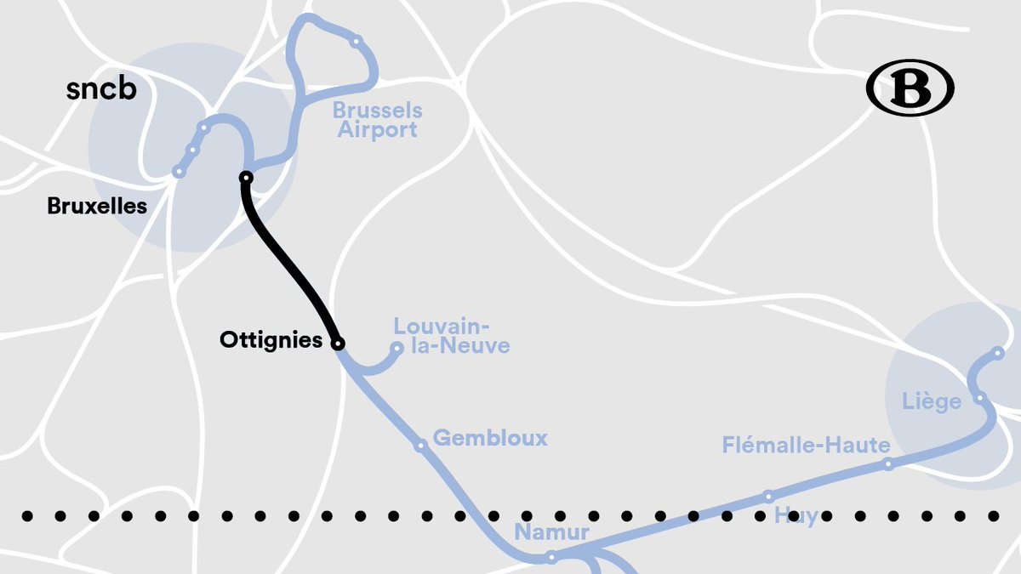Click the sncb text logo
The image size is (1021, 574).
pyautogui.click(x=101, y=89)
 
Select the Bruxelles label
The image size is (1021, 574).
pyautogui.click(x=97, y=206)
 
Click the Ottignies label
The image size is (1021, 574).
pyautogui.click(x=271, y=340)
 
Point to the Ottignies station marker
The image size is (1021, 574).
pyautogui.click(x=338, y=344)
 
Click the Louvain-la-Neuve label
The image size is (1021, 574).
pyautogui.click(x=451, y=336)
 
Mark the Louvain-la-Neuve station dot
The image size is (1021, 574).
pyautogui.click(x=396, y=348)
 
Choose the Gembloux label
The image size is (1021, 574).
pyautogui.click(x=490, y=438)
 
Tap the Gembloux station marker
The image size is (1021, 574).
pyautogui.click(x=420, y=445)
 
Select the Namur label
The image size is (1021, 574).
pyautogui.click(x=551, y=533)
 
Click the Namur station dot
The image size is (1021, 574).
pyautogui.click(x=551, y=558)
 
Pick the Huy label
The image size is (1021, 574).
pyautogui.click(x=796, y=516)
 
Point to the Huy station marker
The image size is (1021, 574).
pyautogui.click(x=768, y=496)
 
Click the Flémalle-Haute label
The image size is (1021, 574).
pyautogui.click(x=806, y=445)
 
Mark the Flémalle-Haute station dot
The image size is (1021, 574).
pyautogui.click(x=888, y=463)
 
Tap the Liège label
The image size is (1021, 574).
pyautogui.click(x=932, y=401)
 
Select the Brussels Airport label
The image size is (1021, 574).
pyautogui.click(x=377, y=120)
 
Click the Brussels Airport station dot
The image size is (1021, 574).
pyautogui.click(x=356, y=41)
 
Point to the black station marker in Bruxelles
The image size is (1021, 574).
pyautogui.click(x=246, y=178)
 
